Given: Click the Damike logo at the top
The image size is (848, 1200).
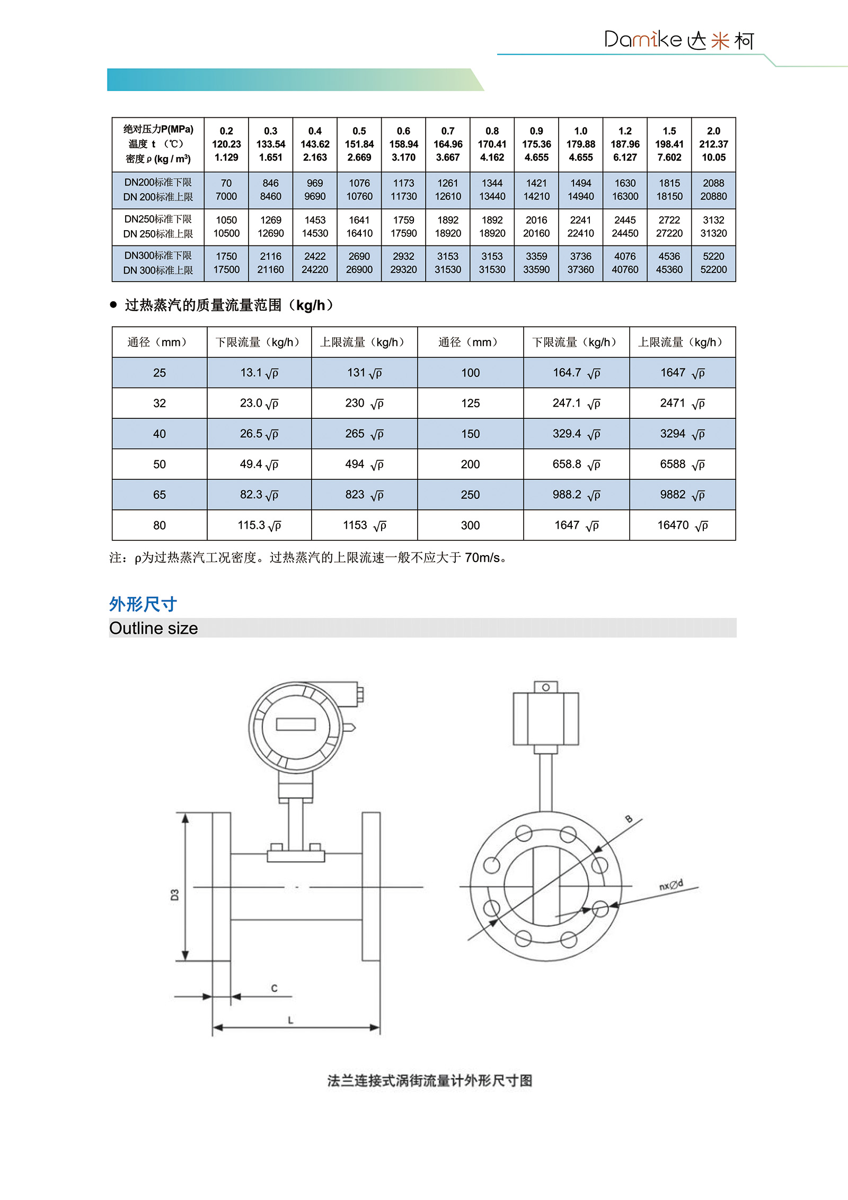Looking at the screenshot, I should tap(678, 40).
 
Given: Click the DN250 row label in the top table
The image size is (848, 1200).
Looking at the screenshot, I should tap(158, 226).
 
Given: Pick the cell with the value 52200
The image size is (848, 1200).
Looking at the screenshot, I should tap(713, 269).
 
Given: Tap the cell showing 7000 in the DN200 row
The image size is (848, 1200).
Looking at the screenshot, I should tap(226, 196).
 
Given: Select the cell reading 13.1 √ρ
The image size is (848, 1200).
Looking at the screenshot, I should tap(259, 373).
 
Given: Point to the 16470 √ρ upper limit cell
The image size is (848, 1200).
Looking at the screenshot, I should tap(682, 525).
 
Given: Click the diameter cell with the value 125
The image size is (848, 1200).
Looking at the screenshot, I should tap(470, 403).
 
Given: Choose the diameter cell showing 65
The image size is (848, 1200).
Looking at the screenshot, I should tap(160, 495).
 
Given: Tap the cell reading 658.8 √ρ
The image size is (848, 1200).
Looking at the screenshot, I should tap(576, 464).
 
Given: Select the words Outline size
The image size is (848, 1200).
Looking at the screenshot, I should tap(154, 628).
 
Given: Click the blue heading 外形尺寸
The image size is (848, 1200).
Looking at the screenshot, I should tap(143, 604).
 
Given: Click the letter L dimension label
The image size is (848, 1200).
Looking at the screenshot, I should tap(290, 1020).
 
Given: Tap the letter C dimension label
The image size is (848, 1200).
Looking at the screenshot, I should tap(274, 988).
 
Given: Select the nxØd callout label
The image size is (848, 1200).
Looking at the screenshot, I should tap(671, 884).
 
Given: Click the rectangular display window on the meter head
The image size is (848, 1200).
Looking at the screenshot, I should tap(296, 724).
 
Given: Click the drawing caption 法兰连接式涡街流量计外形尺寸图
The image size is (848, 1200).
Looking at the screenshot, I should tap(429, 1080).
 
